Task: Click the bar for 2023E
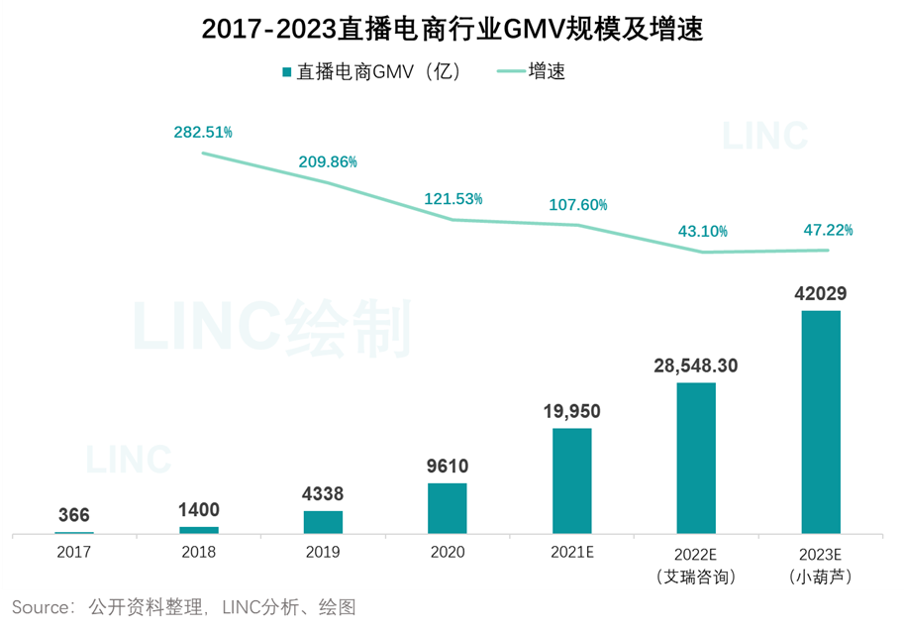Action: click(x=820, y=422)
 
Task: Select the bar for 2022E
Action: click(x=696, y=458)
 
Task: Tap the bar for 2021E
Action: click(x=571, y=480)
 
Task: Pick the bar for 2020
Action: click(x=447, y=508)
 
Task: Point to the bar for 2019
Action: click(x=323, y=522)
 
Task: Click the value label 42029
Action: click(x=820, y=294)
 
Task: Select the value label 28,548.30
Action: click(x=695, y=366)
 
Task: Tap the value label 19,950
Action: click(x=571, y=411)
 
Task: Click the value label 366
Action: click(x=74, y=515)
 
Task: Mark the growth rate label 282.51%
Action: click(x=203, y=133)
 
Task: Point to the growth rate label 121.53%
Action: click(x=453, y=198)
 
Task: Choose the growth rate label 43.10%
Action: click(x=703, y=231)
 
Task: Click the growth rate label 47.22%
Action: click(x=828, y=230)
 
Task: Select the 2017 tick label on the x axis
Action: click(x=74, y=552)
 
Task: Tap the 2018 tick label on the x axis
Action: click(x=199, y=552)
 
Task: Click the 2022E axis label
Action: click(x=696, y=563)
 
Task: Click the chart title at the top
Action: click(x=452, y=30)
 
